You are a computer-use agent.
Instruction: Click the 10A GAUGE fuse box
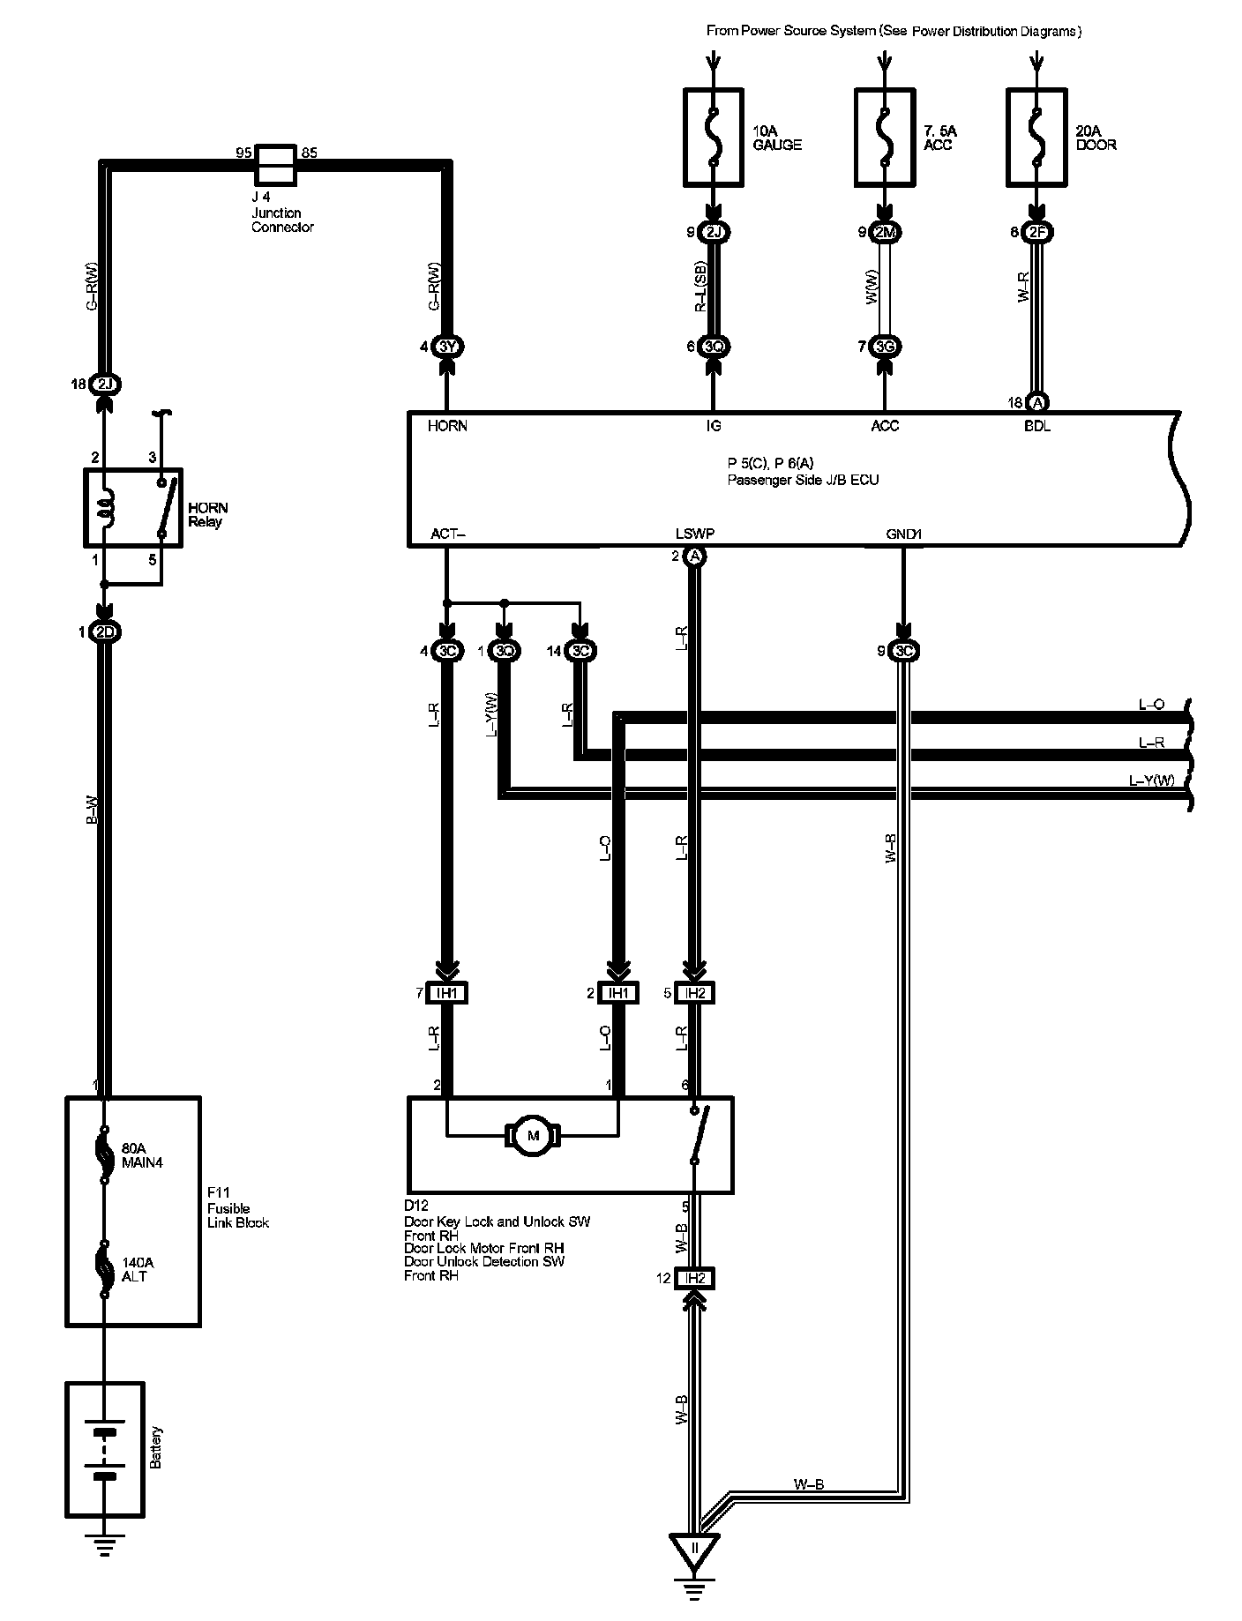714,137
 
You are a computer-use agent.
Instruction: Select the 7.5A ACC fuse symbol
885,137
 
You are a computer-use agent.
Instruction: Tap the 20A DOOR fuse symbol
1037,137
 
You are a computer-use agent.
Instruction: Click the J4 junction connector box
275,164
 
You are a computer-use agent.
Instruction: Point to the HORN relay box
132,509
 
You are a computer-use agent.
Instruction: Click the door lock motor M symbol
532,1136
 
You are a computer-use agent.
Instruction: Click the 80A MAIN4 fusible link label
142,1155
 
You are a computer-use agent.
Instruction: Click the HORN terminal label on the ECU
447,426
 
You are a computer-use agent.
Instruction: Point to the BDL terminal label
1038,426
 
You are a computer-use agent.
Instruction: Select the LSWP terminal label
694,534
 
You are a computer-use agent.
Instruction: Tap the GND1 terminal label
904,534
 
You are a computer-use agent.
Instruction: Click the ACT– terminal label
447,534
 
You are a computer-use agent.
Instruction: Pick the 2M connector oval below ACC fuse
885,233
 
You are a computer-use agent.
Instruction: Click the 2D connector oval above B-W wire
105,632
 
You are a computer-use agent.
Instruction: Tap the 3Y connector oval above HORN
447,347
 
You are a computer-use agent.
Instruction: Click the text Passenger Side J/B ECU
803,481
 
